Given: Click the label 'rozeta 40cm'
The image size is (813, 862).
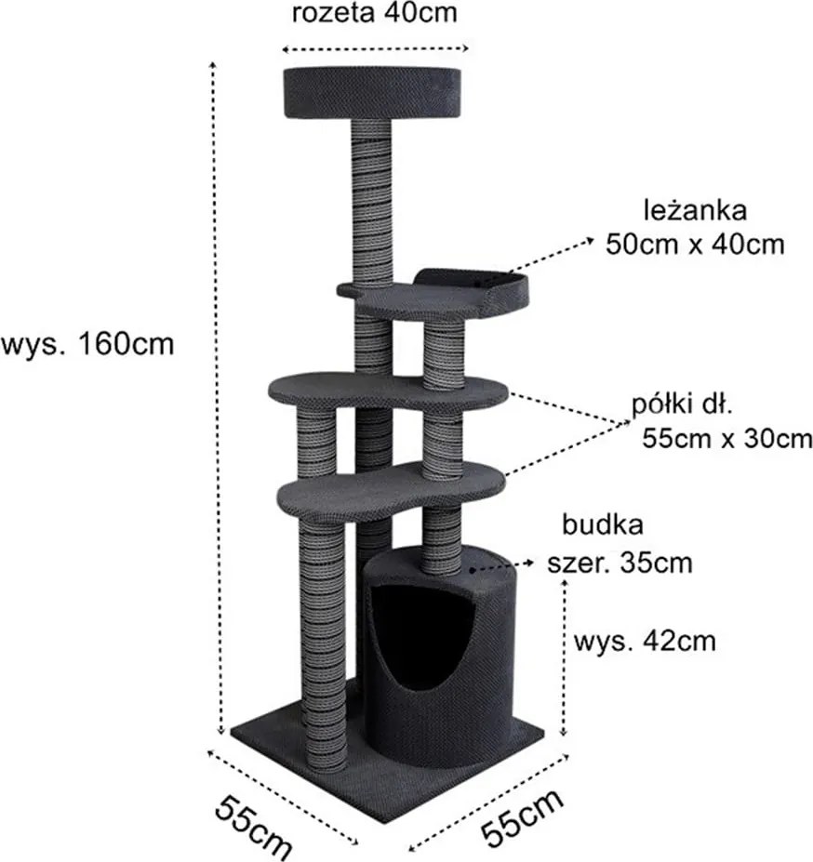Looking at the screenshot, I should (x=374, y=14).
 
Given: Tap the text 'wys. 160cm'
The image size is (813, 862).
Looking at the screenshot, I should (x=87, y=343).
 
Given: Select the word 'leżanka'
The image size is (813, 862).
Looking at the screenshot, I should (x=694, y=209).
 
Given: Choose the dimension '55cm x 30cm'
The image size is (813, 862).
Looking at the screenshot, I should (x=726, y=438).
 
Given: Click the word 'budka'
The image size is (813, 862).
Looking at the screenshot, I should (x=602, y=524).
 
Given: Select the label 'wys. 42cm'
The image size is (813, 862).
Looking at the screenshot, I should (x=644, y=642).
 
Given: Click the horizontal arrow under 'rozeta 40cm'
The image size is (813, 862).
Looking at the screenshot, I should (x=375, y=48).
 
